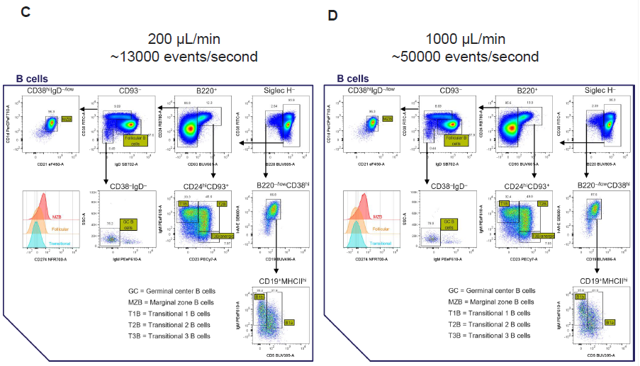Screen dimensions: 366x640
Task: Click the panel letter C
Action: pos(26,12)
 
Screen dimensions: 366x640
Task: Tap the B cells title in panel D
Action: pos(352,79)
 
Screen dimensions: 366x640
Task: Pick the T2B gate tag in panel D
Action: pos(542,204)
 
